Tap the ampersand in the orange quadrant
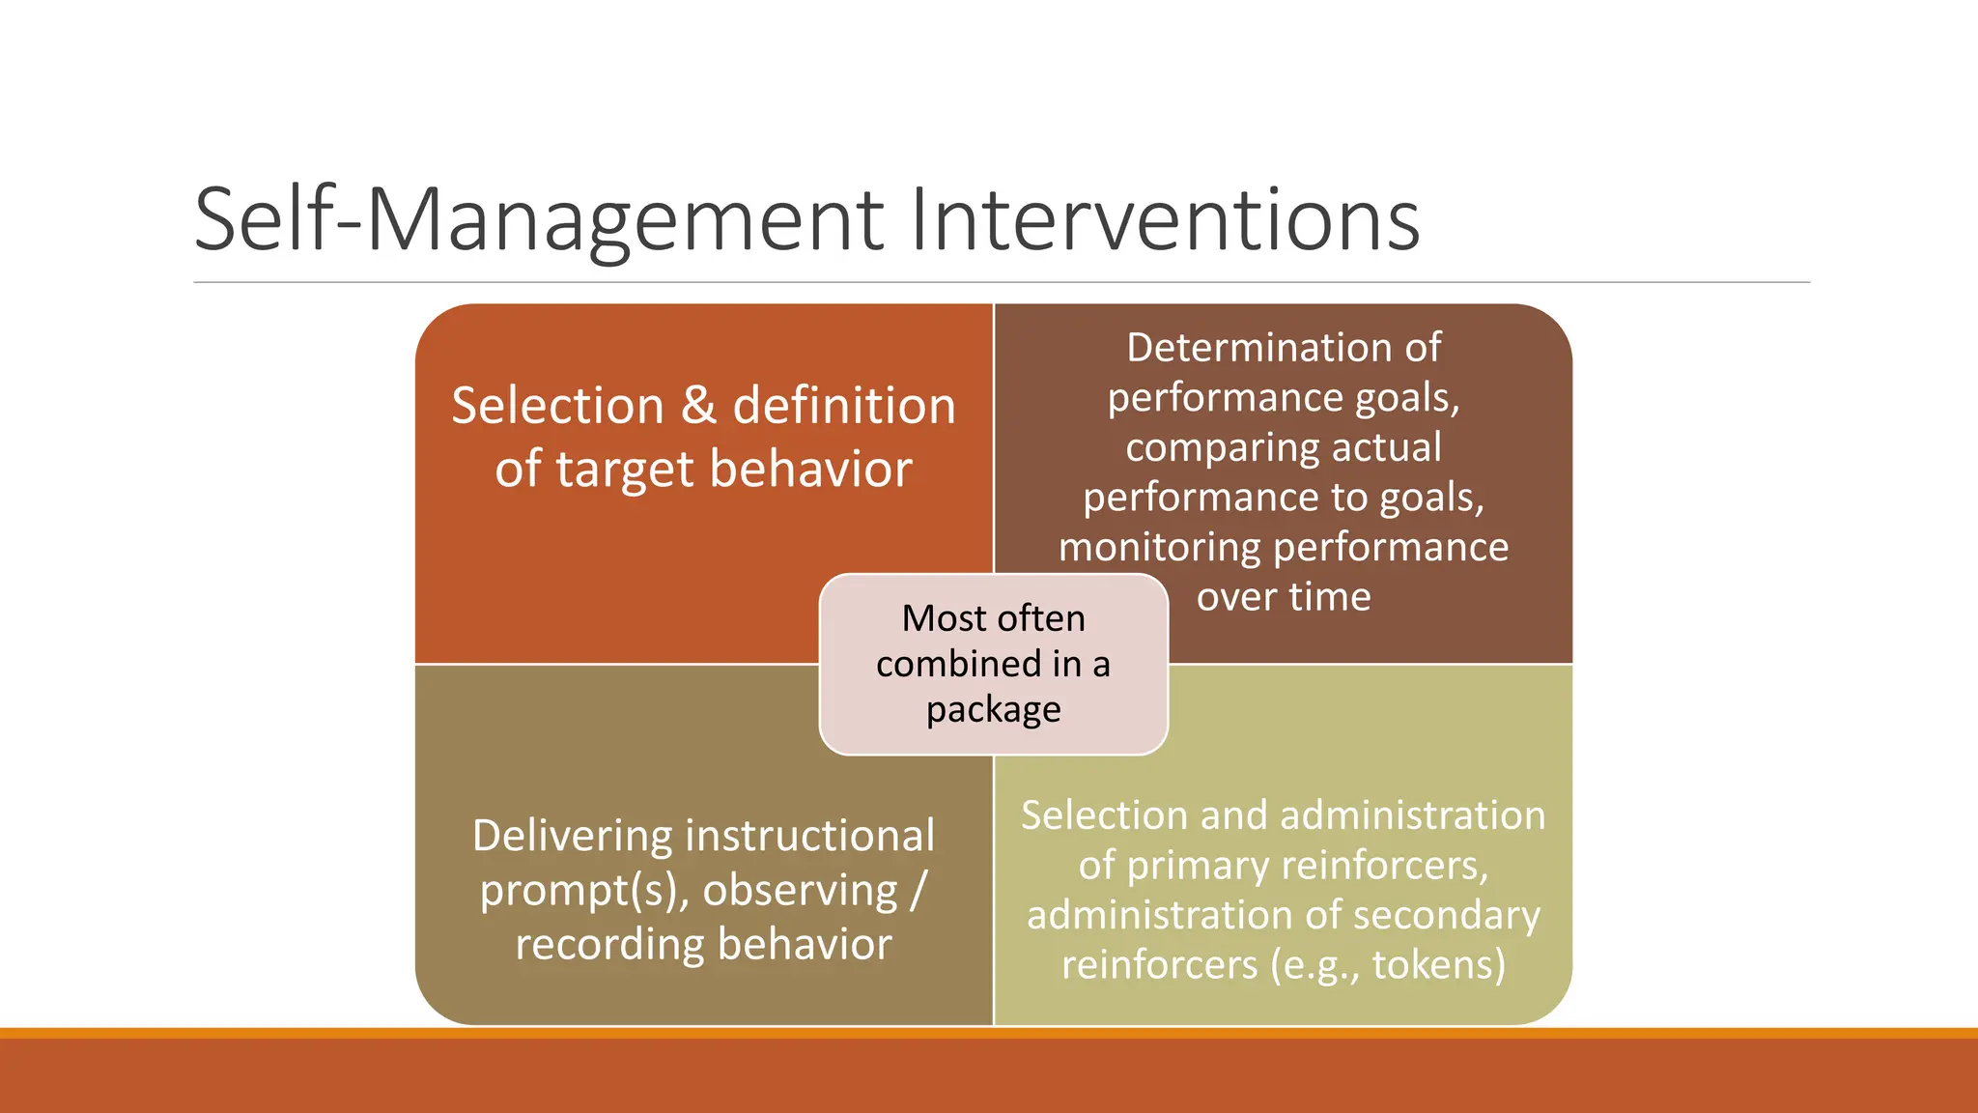tap(698, 406)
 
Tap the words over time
tap(1283, 597)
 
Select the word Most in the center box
tap(932, 618)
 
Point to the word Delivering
tap(572, 837)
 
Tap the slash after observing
tap(918, 891)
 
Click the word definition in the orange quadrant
tap(843, 406)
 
